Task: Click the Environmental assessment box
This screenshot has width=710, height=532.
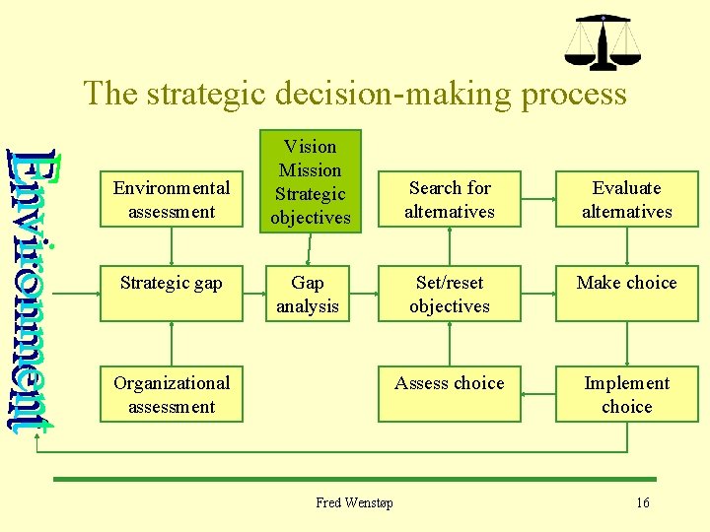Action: click(x=172, y=199)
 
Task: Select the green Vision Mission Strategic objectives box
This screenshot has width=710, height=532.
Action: click(x=310, y=182)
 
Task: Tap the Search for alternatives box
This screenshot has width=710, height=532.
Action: click(x=450, y=199)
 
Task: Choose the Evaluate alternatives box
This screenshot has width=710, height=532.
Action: click(x=626, y=199)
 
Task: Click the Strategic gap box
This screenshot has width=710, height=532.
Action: click(x=172, y=294)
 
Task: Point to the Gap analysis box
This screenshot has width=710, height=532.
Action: click(x=308, y=294)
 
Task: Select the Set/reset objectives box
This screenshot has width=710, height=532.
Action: click(x=450, y=294)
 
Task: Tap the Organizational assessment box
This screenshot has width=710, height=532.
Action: click(x=172, y=394)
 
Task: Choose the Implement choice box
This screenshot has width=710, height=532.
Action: click(x=626, y=394)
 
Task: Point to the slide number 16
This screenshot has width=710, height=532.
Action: click(x=643, y=502)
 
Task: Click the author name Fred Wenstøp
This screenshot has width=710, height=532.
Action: click(x=354, y=502)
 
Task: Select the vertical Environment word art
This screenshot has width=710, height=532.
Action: click(x=36, y=286)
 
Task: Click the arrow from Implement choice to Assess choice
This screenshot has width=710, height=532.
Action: click(x=538, y=393)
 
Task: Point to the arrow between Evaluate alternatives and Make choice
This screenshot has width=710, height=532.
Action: click(x=626, y=247)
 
